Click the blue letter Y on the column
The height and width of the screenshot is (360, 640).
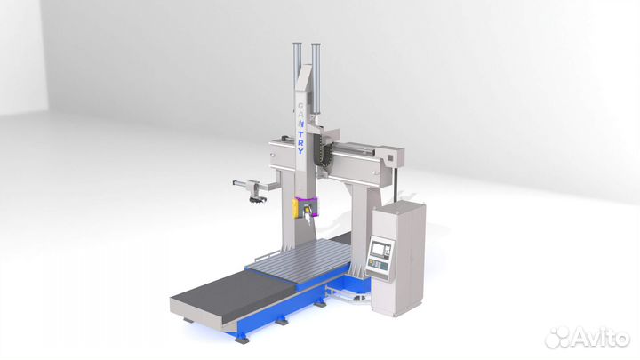(300, 151)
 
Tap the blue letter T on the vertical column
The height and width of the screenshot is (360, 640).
(300, 133)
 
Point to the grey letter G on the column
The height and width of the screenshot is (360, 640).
(300, 106)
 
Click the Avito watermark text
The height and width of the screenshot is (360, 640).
(600, 338)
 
